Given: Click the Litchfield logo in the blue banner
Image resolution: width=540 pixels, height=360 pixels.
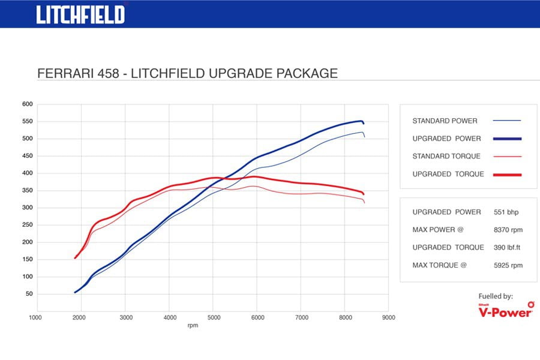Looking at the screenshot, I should point(80,14).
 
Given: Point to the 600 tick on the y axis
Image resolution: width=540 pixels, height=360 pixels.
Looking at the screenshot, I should point(27,104).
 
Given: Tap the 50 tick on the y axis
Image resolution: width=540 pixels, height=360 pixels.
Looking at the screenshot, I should point(29,295).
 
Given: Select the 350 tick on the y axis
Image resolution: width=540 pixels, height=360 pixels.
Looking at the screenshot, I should point(27,191).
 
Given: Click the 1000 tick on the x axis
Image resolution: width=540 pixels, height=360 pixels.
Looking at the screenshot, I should point(35,317).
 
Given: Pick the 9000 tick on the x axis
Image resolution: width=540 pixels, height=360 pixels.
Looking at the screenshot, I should point(388,317).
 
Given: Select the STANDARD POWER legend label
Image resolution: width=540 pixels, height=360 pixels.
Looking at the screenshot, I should point(445,121).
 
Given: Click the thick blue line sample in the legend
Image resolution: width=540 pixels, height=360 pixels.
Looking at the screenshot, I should point(507,139).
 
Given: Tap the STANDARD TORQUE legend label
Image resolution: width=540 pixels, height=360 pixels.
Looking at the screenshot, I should point(446,157).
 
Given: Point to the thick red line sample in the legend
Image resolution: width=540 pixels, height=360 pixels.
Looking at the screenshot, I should point(507,175).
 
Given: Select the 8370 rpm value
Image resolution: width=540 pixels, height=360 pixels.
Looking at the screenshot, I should point(508,230).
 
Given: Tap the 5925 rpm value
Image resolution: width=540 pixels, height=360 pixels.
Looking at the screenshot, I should point(508,265).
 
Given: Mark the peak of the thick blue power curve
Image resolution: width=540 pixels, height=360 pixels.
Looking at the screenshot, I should point(361,121).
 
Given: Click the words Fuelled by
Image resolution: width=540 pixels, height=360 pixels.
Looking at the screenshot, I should point(496,296).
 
